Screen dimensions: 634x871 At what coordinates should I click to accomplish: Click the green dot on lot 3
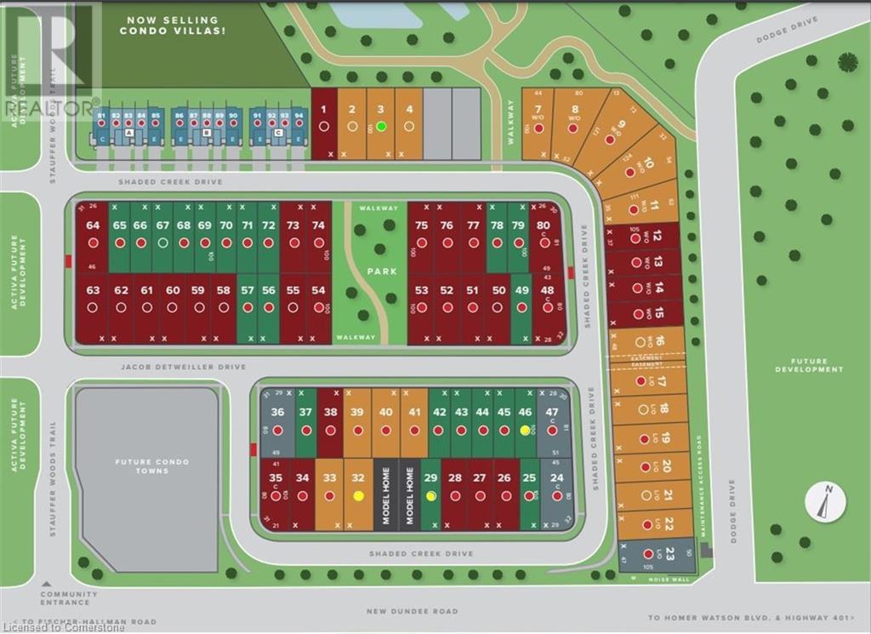point(381,126)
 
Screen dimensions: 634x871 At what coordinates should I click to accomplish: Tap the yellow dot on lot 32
point(358,495)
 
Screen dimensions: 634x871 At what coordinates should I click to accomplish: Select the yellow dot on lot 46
point(525,431)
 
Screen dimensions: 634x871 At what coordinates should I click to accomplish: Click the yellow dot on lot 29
point(431,495)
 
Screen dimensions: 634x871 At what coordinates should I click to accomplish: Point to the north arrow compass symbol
point(824,501)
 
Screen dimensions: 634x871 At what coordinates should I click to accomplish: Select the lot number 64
point(93,226)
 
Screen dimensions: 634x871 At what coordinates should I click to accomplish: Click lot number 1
point(323,109)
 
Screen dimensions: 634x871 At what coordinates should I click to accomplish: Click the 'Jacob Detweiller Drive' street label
point(183,367)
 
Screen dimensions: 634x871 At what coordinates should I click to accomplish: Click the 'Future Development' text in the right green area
point(809,366)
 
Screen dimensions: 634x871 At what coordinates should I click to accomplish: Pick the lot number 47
point(551,412)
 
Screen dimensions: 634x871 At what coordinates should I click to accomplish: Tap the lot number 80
point(541,226)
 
